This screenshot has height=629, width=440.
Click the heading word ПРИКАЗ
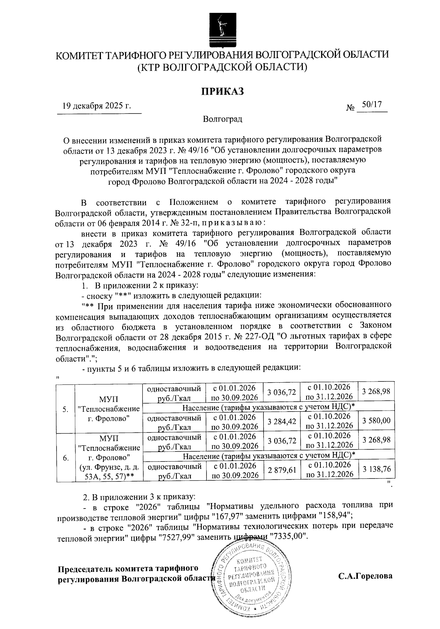222,91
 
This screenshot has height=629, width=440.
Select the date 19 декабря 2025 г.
97,106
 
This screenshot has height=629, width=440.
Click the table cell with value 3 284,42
282,421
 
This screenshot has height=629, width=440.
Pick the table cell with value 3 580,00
376,421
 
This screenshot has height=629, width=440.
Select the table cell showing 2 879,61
282,470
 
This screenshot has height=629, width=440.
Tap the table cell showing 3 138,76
376,470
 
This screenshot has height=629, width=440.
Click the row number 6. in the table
65,458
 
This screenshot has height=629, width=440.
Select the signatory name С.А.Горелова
365,575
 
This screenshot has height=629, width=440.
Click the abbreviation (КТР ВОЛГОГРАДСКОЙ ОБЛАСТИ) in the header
222,67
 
